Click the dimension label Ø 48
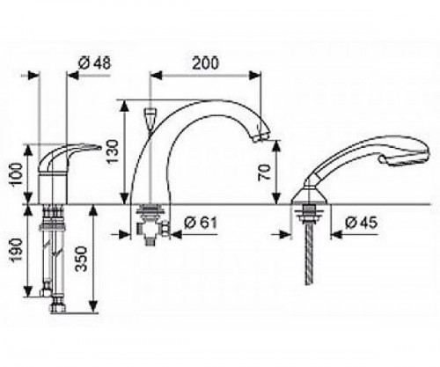pos(95,63)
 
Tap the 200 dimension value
pos(205,63)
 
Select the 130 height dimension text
pos(113,151)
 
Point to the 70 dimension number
pos(264,172)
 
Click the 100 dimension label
pos(15,174)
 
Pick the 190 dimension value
pos(15,250)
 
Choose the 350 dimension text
pos(81,259)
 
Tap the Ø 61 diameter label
pos(201,223)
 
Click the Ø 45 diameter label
pos(361,223)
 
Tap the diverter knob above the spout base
pos(150,116)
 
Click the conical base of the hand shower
pos(310,196)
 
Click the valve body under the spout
pos(152,224)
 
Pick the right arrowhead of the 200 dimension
pos(254,76)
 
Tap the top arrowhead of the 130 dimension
pos(125,106)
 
